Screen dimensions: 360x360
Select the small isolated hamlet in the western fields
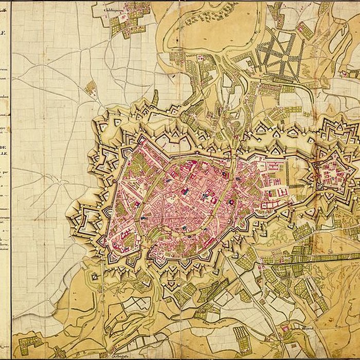click(x=91, y=88)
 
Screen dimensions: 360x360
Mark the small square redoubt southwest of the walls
click(x=95, y=277)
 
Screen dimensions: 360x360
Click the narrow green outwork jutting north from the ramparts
click(x=155, y=97)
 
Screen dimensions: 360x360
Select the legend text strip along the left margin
click(x=5, y=154)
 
